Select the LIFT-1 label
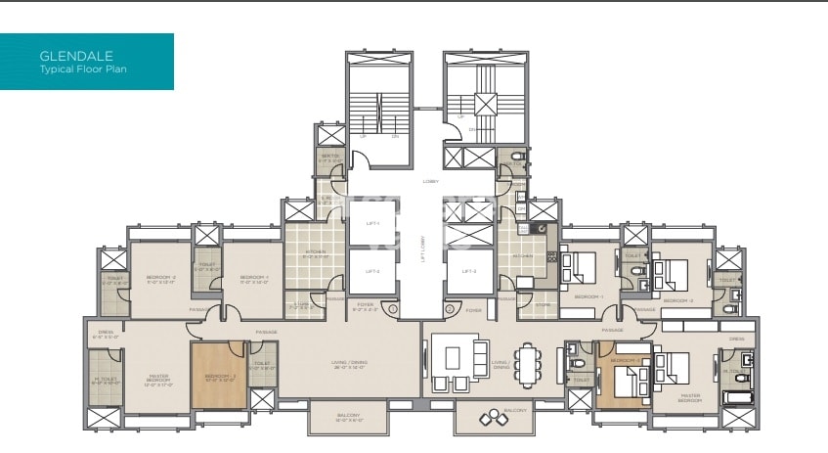[x=371, y=224]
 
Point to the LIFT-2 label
[x=371, y=271]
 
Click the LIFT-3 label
[x=467, y=271]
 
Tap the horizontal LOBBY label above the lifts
[x=430, y=181]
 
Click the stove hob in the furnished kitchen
[x=551, y=257]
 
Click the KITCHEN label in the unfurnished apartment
[x=316, y=251]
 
